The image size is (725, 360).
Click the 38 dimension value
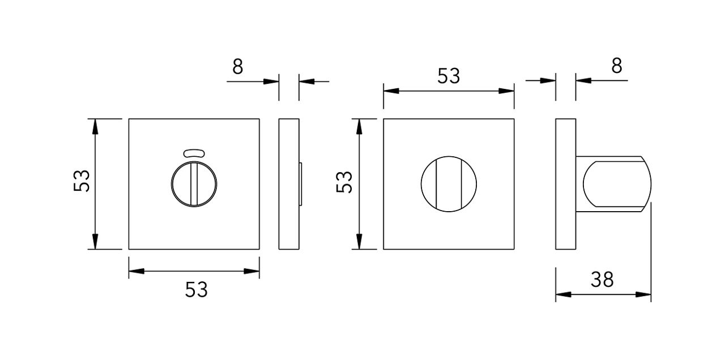point(602,279)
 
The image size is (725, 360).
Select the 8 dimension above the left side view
point(238,67)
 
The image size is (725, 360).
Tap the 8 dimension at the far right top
point(617,66)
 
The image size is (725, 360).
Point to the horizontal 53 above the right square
point(449,76)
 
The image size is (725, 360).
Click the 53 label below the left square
point(197,290)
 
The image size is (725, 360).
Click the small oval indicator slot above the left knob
point(194,152)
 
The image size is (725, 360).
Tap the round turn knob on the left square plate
point(194,184)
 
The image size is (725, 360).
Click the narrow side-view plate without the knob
point(288,184)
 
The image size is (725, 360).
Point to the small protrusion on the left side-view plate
point(301,184)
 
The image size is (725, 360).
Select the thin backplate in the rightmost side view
point(565,184)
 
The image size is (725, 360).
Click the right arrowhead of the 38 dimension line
point(646,294)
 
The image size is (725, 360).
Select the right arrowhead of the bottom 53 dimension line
point(254,271)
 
